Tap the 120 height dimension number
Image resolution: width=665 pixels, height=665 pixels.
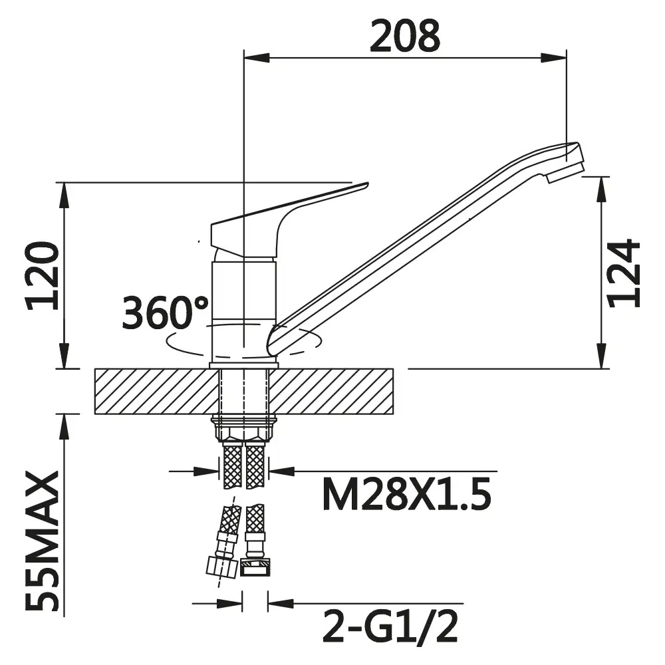pyautogui.click(x=43, y=276)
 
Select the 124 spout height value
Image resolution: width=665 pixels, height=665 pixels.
pyautogui.click(x=624, y=273)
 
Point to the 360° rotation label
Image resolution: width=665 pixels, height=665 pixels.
pyautogui.click(x=165, y=313)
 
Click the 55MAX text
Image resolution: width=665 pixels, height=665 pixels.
pyautogui.click(x=43, y=541)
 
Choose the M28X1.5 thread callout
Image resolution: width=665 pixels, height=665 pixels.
pyautogui.click(x=407, y=494)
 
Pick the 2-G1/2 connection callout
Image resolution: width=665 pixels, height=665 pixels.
pyautogui.click(x=390, y=626)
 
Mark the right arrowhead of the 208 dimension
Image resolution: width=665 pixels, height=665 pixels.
pyautogui.click(x=553, y=58)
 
